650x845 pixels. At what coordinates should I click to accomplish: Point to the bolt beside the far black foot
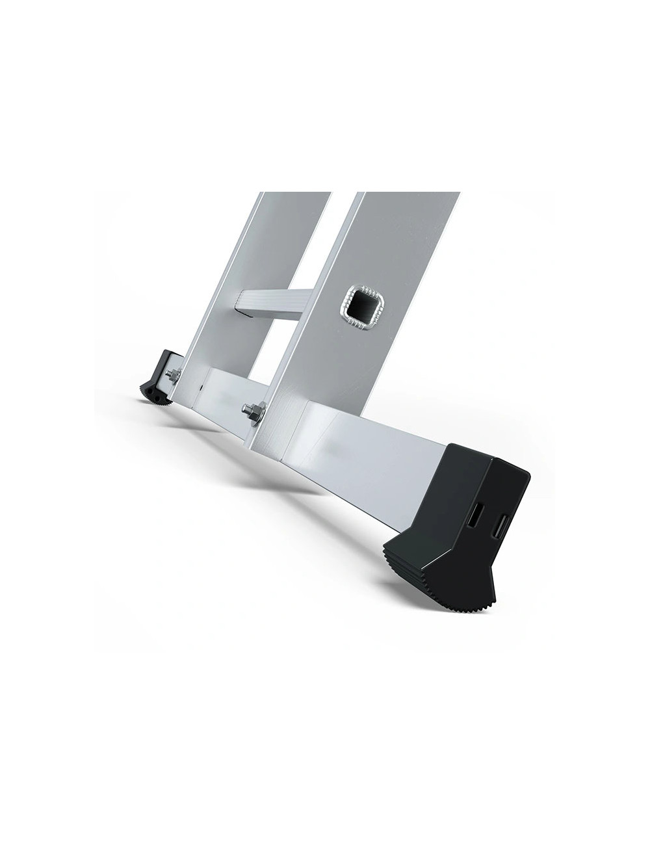[174, 375]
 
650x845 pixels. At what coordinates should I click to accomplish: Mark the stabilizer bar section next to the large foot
[377, 448]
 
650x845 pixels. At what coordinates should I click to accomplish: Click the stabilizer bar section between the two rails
[224, 390]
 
